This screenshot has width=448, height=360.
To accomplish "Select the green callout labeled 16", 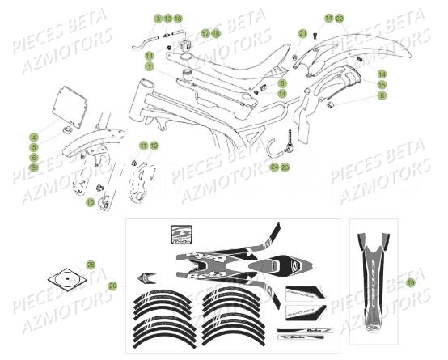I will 178,18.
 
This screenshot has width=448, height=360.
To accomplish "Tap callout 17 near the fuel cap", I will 205,33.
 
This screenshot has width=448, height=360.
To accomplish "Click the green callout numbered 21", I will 302,33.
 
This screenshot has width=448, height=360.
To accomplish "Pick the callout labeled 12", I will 154,145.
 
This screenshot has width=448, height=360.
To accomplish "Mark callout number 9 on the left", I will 34,167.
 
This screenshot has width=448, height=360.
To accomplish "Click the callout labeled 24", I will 274,167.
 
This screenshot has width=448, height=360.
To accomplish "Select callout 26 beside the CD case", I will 91,265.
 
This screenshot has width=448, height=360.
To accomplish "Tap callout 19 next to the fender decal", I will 411,282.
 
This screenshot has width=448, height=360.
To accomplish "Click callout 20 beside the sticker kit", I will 112,286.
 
